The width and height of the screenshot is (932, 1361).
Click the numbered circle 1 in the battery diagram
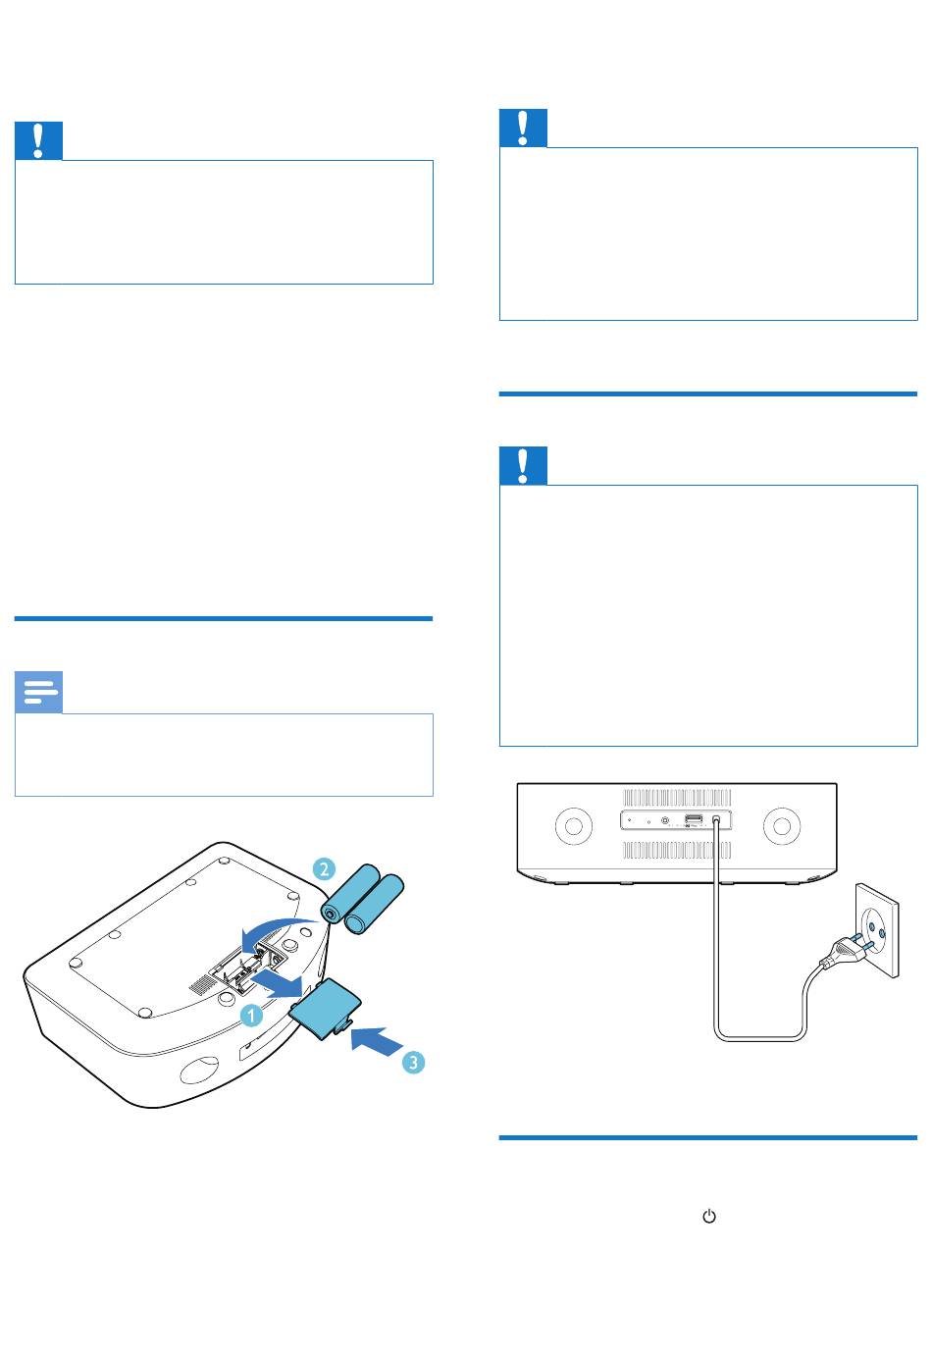coord(251,1015)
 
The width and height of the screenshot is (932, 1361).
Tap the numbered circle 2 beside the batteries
coord(324,868)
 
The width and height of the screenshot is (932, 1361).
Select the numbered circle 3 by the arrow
coord(414,1063)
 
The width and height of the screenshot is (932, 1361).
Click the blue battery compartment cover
coord(326,1011)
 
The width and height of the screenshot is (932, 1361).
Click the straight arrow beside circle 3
coord(378,1041)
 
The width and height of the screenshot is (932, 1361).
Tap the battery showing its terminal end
coord(350,894)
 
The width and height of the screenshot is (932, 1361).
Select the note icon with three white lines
coord(39,692)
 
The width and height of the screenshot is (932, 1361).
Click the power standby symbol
coord(709,1217)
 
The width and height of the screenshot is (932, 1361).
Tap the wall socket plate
coord(877,930)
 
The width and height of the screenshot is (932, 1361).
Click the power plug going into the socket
coord(849,951)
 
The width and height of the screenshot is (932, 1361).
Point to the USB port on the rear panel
coord(694,818)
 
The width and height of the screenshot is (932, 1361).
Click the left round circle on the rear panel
coord(574,825)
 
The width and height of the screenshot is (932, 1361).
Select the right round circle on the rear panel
coord(781,825)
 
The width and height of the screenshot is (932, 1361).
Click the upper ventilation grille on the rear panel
coord(677,797)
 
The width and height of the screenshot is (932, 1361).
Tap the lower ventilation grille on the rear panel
coord(677,850)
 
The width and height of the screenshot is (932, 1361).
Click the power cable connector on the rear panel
coord(716,820)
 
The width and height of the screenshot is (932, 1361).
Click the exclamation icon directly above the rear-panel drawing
coord(523,465)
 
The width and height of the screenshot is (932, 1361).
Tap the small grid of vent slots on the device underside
coord(198,985)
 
